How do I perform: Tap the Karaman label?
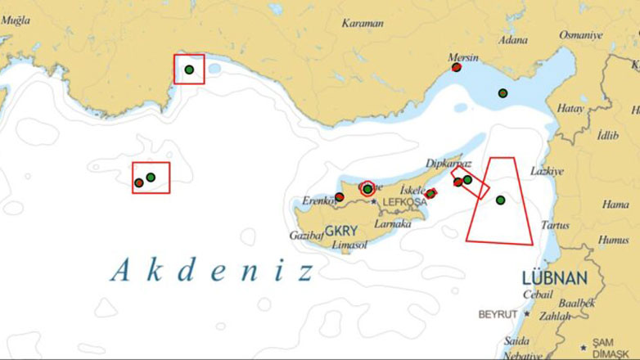coord(363,24)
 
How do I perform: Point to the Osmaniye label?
coord(580,35)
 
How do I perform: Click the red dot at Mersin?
coord(456,68)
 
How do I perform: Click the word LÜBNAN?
coord(555,277)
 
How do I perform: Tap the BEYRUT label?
coord(498,314)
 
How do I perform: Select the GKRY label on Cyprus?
coord(341,232)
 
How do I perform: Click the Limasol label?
coord(349,245)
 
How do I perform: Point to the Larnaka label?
coord(392,223)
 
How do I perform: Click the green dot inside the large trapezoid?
coord(501,200)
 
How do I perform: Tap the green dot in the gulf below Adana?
coord(503,93)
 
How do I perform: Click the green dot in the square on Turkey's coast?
coord(189,70)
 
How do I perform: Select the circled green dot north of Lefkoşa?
coord(367,189)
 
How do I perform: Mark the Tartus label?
coord(555,224)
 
